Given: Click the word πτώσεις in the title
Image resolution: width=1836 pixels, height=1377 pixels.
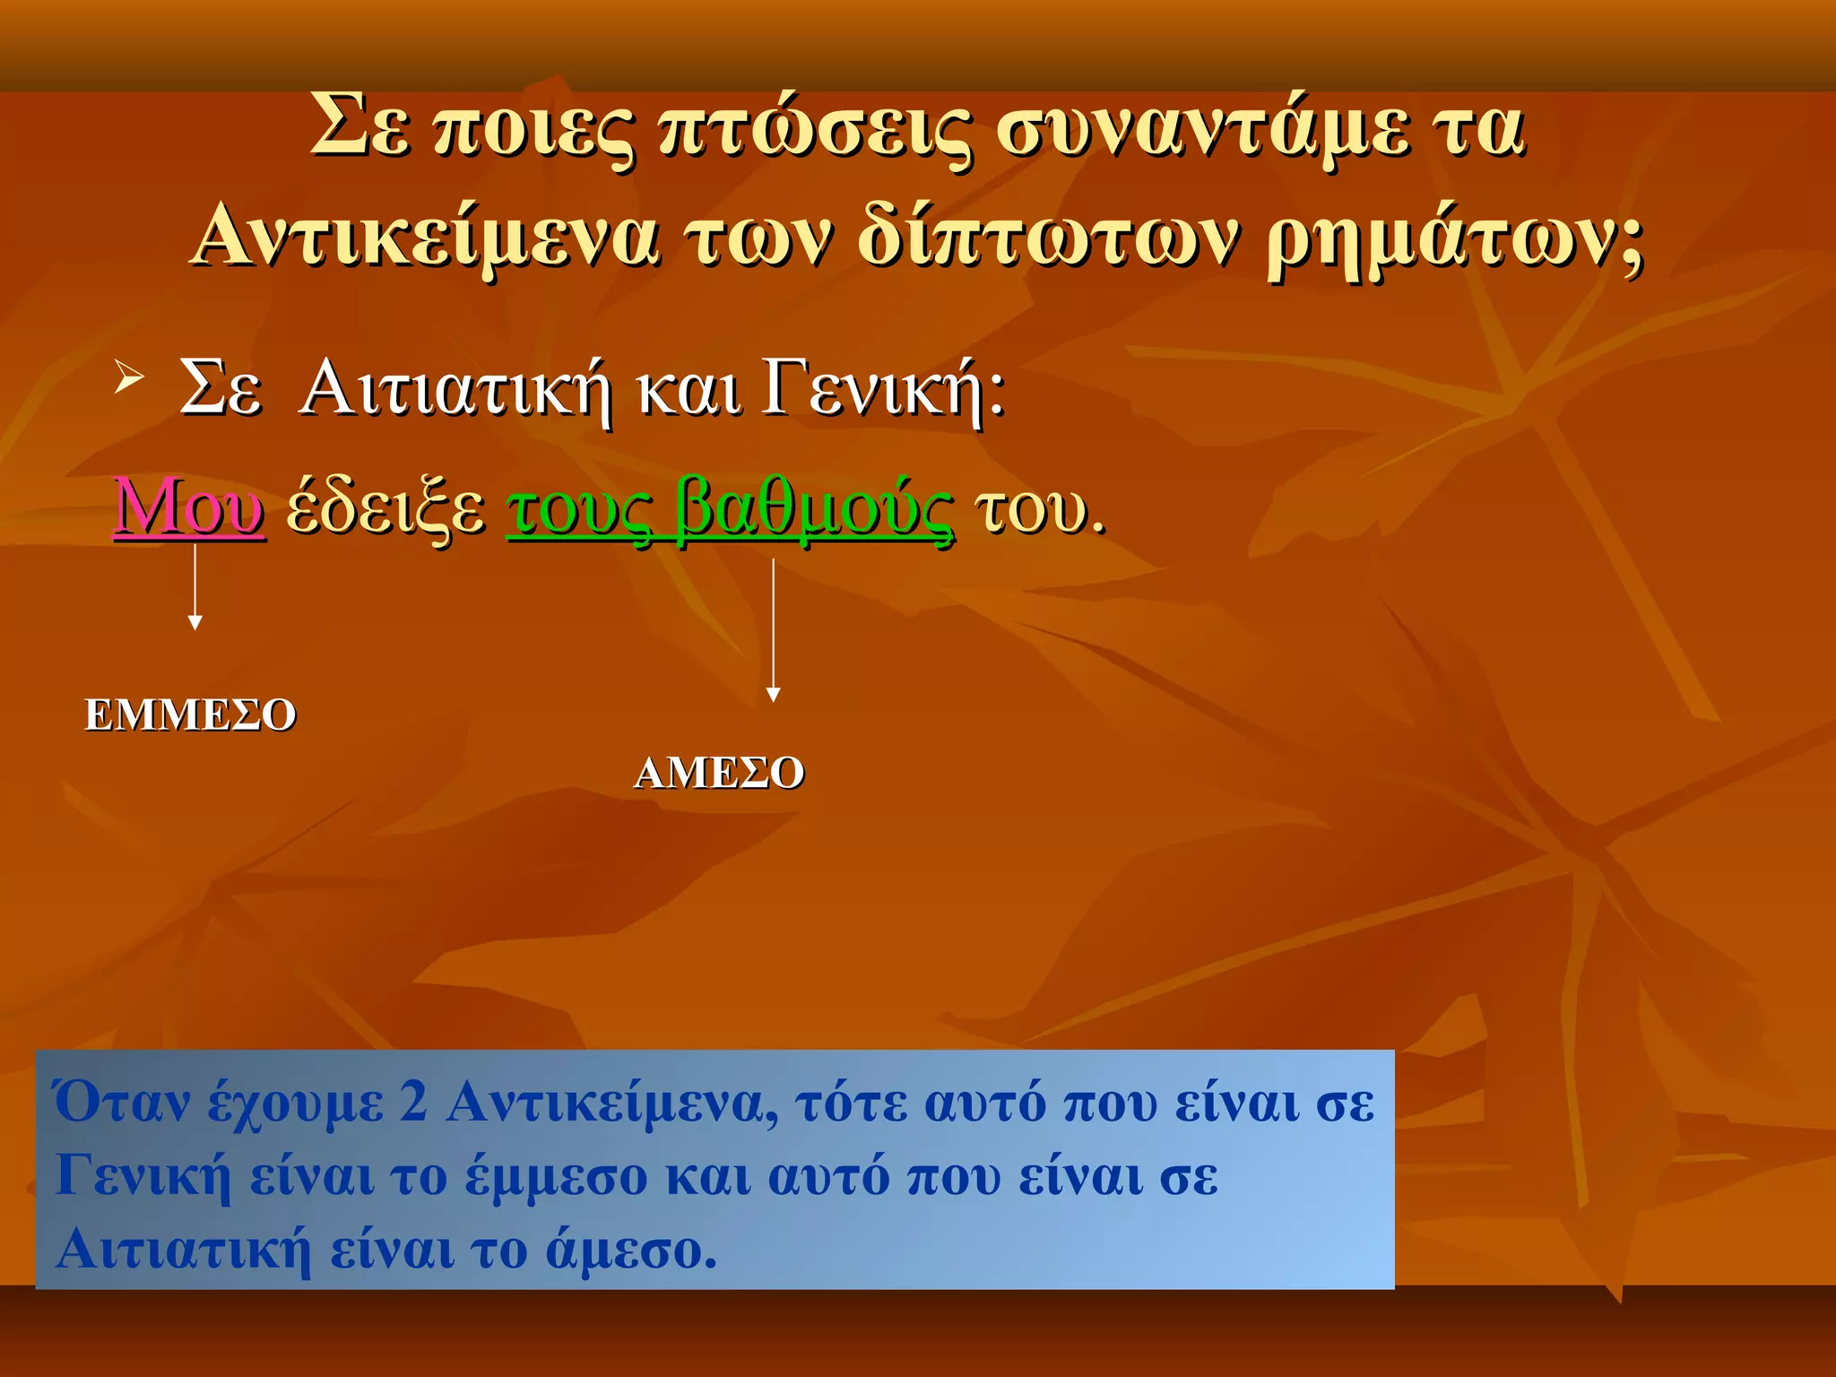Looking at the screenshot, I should click(x=814, y=130).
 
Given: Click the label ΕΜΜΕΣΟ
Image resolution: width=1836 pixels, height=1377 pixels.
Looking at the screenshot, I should click(x=190, y=715).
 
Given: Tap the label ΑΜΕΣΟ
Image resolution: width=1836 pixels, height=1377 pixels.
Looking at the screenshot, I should click(x=719, y=773).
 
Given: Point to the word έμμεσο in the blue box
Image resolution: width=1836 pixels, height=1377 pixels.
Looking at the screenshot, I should click(x=556, y=1176).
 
